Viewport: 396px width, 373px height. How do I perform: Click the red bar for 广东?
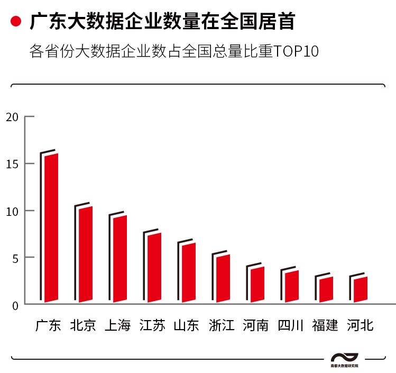(51, 228)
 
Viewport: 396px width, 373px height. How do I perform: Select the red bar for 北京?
(86, 254)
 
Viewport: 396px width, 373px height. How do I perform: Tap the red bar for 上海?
(120, 259)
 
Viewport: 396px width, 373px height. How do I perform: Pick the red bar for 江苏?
(154, 268)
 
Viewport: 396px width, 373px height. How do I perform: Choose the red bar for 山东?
(189, 272)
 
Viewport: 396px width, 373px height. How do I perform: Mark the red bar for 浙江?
(223, 278)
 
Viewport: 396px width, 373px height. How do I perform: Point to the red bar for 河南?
(257, 285)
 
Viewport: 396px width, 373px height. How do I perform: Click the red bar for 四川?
(292, 286)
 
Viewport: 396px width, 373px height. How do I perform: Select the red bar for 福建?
(326, 289)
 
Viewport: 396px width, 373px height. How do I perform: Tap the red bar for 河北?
(361, 289)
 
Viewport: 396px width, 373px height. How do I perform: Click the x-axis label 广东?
(49, 325)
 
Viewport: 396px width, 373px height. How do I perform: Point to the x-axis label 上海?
(117, 325)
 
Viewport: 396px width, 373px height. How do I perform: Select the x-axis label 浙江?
(221, 325)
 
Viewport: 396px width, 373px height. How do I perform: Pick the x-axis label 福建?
(325, 325)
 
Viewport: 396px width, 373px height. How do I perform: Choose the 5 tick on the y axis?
(15, 258)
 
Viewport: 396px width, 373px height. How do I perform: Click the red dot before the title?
(16, 22)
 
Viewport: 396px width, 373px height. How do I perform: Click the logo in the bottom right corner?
(344, 359)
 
